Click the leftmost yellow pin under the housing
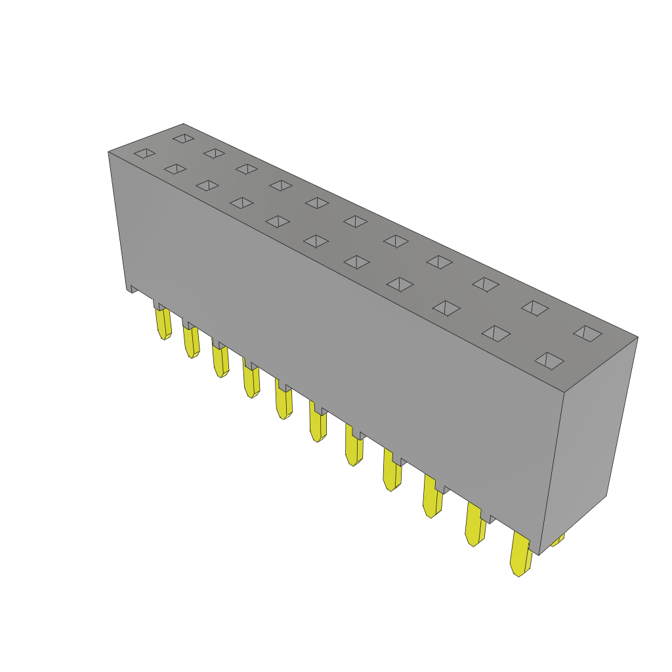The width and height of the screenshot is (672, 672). click(163, 323)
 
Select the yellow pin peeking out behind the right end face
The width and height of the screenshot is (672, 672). click(557, 540)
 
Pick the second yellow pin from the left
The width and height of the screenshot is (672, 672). click(191, 341)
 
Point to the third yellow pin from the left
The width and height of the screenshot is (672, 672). click(220, 361)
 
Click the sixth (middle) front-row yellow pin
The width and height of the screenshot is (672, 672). click(318, 424)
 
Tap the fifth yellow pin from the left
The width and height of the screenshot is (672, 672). click(283, 400)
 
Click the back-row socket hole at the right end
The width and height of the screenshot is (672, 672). click(587, 333)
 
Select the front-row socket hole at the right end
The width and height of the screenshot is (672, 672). click(549, 361)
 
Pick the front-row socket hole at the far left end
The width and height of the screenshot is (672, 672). click(144, 154)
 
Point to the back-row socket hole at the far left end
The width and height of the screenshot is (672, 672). click(184, 138)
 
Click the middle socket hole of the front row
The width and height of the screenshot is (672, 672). click(316, 241)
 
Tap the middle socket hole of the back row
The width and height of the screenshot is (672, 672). click(355, 222)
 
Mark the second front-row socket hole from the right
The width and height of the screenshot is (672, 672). click(496, 333)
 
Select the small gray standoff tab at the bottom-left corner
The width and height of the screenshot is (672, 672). click(134, 288)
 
